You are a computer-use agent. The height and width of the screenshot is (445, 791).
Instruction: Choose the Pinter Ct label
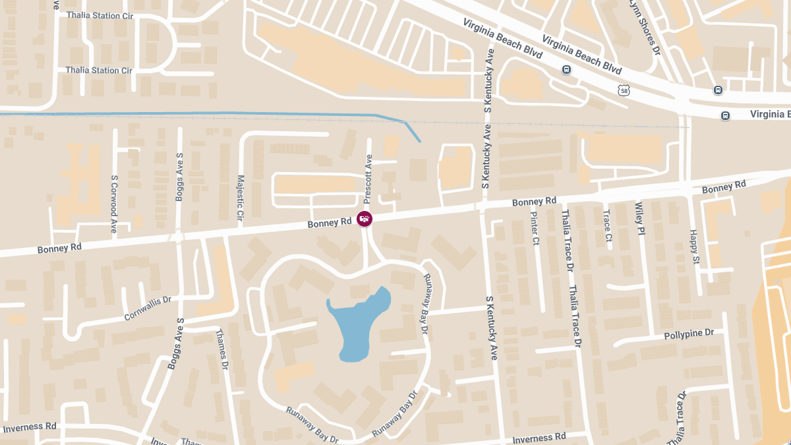[x=535, y=227]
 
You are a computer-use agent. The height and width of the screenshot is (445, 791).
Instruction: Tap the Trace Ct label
[x=607, y=225]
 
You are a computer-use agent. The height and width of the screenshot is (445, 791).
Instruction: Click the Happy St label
[x=693, y=245]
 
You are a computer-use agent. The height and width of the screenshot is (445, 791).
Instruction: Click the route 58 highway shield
[x=624, y=90]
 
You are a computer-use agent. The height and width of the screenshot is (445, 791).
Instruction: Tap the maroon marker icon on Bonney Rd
[x=364, y=218]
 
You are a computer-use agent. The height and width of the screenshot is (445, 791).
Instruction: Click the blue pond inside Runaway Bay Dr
[x=359, y=323]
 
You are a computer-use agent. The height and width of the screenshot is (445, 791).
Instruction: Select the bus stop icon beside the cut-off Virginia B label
[x=725, y=115]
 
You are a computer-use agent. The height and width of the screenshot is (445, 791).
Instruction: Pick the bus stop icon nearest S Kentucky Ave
[x=566, y=70]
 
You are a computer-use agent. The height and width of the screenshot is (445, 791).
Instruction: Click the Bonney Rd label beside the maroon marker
[x=330, y=224]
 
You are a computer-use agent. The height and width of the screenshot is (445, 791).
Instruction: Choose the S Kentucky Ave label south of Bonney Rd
[x=491, y=328]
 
